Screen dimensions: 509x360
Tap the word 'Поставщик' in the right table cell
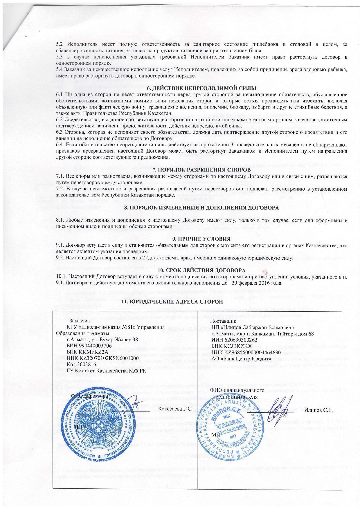click(x=223, y=321)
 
